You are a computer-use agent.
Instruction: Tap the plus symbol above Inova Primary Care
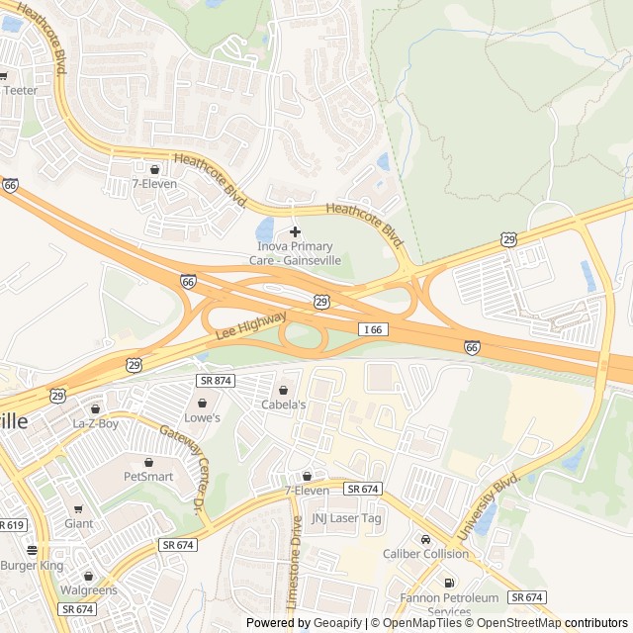(x=295, y=230)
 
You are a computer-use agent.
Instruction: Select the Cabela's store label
(x=283, y=405)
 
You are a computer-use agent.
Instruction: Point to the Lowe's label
(x=203, y=417)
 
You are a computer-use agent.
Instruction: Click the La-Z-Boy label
(x=95, y=423)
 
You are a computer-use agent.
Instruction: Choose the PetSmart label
(x=148, y=476)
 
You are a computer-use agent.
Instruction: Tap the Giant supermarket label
(x=78, y=523)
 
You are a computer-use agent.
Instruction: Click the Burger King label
(x=32, y=566)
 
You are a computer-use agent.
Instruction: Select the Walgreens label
(x=88, y=590)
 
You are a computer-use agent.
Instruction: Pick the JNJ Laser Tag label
(x=346, y=517)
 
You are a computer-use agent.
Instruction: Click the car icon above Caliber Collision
(x=425, y=540)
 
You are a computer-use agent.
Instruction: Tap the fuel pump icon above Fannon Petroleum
(x=450, y=584)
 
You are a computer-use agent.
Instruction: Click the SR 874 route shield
(x=215, y=380)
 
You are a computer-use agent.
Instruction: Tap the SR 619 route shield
(x=11, y=525)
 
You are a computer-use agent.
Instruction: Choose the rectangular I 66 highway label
(x=372, y=328)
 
